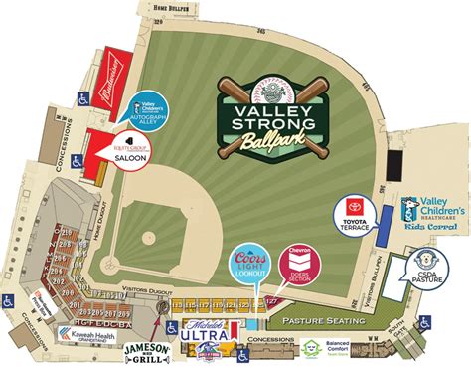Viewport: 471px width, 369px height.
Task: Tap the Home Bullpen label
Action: pos(168,9)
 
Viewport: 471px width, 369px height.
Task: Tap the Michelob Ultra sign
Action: pos(208,335)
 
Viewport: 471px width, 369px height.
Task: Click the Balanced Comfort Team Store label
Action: pos(345,351)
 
